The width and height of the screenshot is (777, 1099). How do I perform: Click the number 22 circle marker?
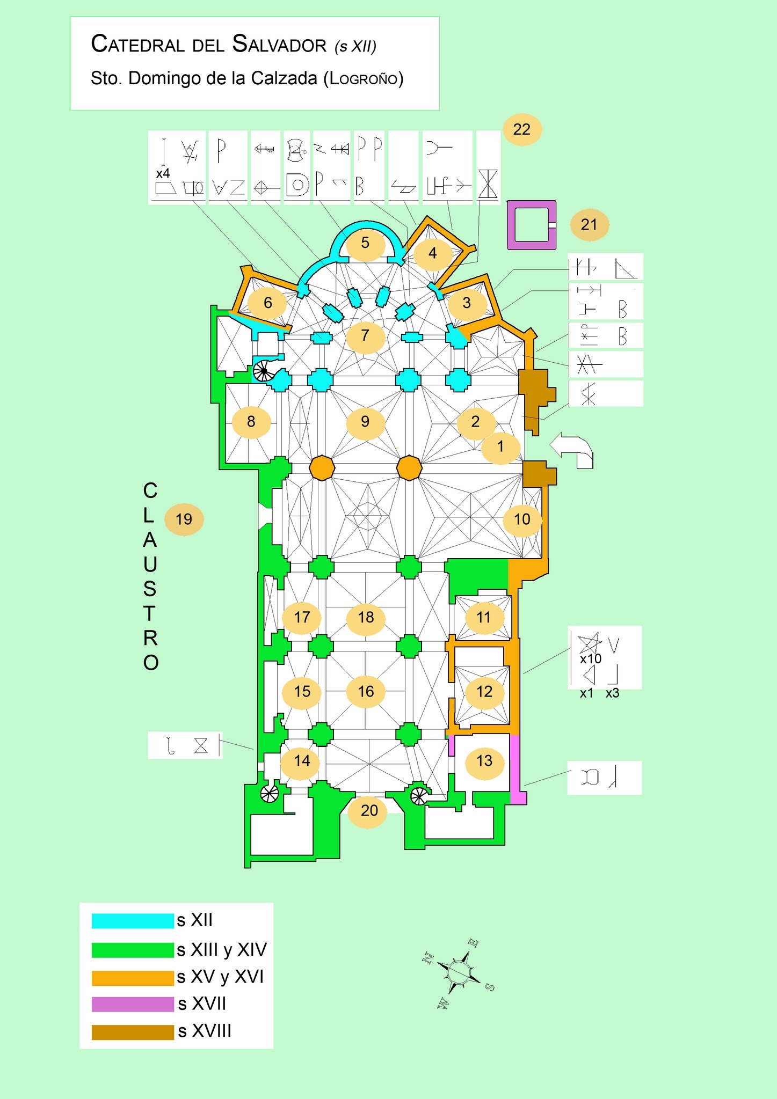(522, 129)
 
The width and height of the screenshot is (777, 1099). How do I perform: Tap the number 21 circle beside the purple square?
(589, 224)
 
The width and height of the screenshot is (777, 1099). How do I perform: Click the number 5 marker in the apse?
(365, 243)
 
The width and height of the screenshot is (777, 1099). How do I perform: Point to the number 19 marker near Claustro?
(184, 519)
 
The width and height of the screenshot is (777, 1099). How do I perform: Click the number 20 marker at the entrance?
(369, 810)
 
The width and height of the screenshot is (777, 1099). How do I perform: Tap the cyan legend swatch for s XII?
(133, 921)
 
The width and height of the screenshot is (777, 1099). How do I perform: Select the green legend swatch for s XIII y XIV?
(133, 950)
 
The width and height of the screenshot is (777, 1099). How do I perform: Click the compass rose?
(459, 973)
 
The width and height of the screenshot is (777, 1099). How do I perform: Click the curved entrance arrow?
(572, 450)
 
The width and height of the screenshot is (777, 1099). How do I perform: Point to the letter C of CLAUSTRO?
(150, 490)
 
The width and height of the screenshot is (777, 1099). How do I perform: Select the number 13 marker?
(484, 760)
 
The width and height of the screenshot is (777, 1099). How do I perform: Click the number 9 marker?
(365, 422)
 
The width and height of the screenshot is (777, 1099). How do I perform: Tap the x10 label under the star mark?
(591, 659)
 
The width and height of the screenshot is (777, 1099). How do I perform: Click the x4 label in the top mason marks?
(163, 174)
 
